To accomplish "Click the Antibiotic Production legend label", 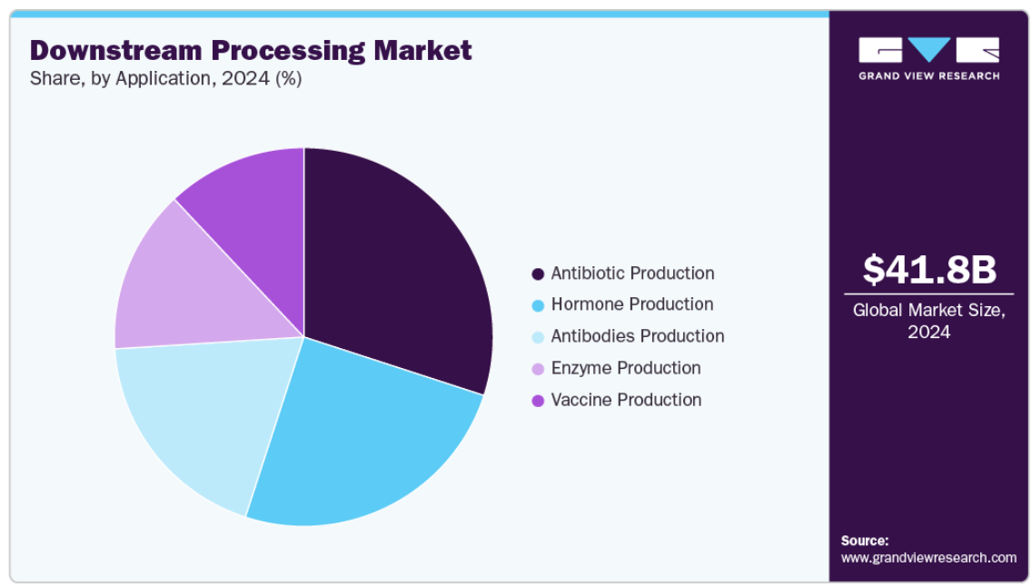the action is tap(632, 274).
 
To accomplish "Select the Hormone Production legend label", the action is tap(632, 304).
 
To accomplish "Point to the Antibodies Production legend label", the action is tap(637, 335).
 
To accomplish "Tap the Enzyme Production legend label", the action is tap(625, 368).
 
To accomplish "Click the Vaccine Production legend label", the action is tap(626, 400).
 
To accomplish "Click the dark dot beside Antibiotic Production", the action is tap(538, 274).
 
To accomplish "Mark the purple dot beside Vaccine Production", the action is tap(538, 400).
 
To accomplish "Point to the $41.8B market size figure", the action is tap(929, 269).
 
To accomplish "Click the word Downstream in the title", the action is tap(116, 51).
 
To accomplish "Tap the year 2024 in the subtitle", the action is tap(245, 78).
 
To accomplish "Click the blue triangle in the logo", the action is tap(928, 47).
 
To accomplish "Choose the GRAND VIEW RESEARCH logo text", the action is tap(928, 75).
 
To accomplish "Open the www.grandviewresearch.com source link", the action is tap(928, 557).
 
